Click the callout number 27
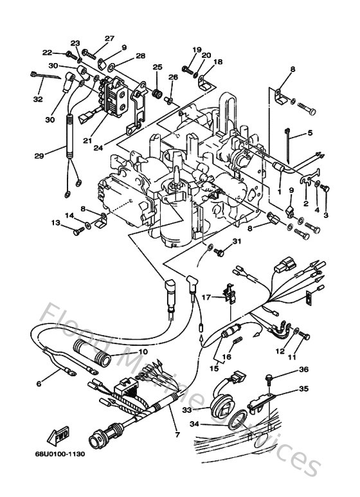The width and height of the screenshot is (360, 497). point(109,38)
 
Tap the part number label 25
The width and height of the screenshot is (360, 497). point(157,67)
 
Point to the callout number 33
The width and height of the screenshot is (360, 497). point(204,409)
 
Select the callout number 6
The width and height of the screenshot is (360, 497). point(39,384)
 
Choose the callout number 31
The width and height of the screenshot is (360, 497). point(237,241)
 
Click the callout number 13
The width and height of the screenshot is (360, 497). point(57,222)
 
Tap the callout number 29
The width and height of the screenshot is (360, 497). point(39,156)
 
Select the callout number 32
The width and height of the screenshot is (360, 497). point(39,100)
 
